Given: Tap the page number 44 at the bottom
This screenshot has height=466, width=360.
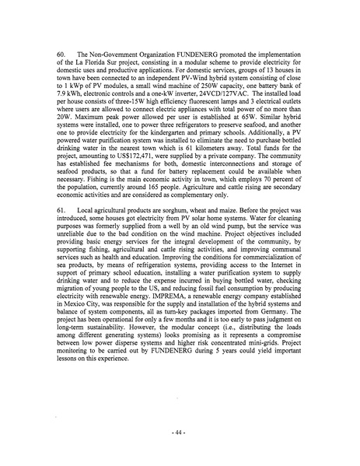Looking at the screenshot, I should pyautogui.click(x=180, y=431).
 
